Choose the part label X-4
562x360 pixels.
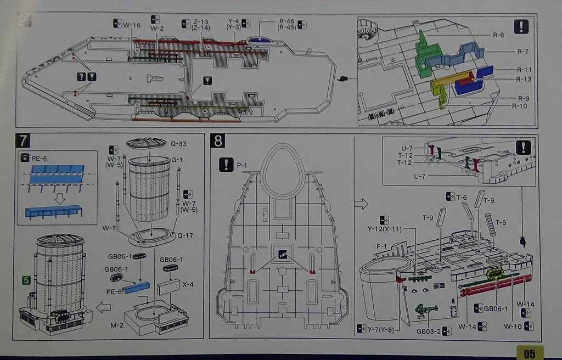pos(188,284)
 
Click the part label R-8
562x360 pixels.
pos(498,35)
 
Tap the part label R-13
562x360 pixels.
pos(523,79)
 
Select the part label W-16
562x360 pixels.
pos(132,25)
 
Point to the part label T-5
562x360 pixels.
pos(502,222)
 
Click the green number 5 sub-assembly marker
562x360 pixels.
pos(25,280)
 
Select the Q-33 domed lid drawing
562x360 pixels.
pos(146,143)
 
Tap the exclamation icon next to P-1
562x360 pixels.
pos(226,164)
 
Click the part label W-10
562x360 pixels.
pos(513,326)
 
